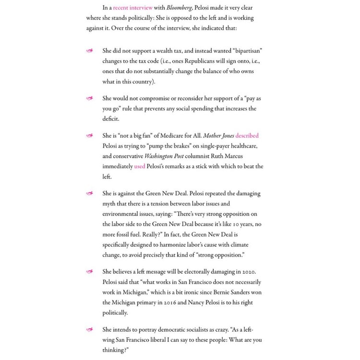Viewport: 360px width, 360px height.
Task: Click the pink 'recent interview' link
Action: pos(133,8)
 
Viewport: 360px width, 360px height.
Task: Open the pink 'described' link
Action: pos(247,136)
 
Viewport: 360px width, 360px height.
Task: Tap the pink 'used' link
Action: pos(139,167)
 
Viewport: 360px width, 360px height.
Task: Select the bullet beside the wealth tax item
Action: pos(89,51)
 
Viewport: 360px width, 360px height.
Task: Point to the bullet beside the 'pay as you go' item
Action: pos(89,98)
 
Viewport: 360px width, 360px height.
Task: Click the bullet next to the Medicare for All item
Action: pos(89,136)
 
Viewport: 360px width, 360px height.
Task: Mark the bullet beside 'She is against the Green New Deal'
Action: pos(89,193)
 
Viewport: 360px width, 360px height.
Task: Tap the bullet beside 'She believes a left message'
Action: pos(89,272)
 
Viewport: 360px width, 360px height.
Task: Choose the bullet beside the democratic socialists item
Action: pos(89,330)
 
